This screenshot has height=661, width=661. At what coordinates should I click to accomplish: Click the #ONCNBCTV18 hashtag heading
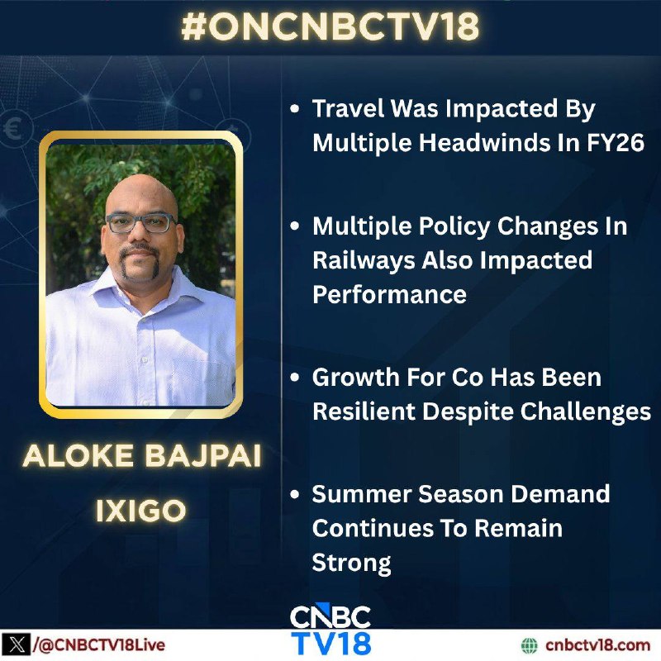point(330,26)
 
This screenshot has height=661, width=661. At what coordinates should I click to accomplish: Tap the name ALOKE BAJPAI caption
point(142,456)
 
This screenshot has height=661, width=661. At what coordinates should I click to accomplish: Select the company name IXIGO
point(140,511)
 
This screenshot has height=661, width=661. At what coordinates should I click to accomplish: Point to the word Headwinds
point(484,142)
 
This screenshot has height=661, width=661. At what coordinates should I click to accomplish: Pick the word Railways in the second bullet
point(364,261)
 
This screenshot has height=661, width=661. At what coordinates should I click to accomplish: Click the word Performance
point(389,294)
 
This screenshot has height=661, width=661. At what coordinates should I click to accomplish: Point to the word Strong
point(352,564)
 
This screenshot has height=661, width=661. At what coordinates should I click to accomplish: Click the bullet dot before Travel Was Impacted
point(295,109)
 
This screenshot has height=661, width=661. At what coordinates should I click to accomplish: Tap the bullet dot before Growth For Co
point(295,377)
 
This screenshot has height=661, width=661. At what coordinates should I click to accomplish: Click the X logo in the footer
point(15,645)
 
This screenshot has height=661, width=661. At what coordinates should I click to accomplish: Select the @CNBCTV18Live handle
point(98,645)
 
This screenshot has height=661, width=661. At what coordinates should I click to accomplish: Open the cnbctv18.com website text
point(597,645)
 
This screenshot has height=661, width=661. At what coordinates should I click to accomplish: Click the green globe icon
point(530,645)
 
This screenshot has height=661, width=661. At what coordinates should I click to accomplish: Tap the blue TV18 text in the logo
point(331,643)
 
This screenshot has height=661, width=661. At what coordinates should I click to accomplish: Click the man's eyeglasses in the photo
point(141,223)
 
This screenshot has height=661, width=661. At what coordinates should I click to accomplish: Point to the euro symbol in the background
point(12,129)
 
